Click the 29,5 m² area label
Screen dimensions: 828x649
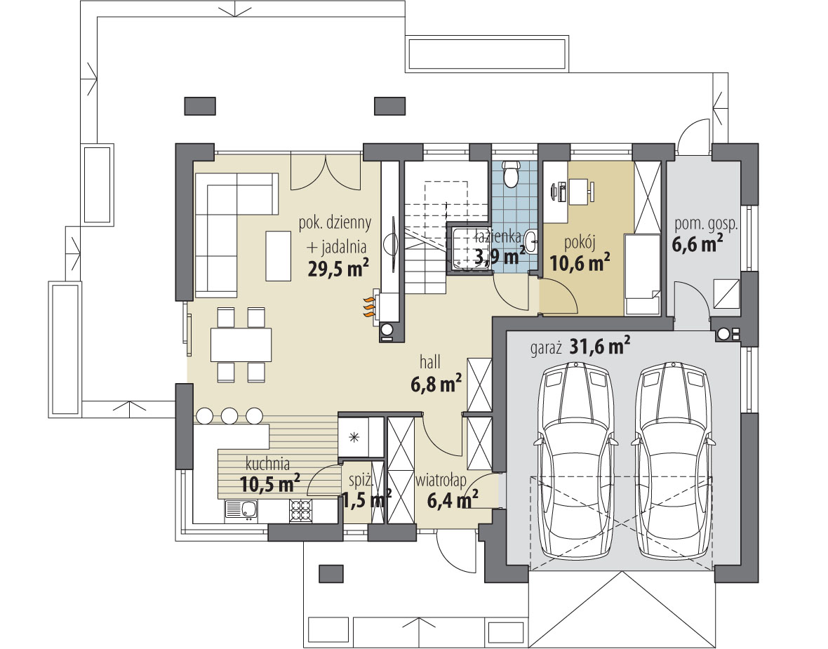(338, 268)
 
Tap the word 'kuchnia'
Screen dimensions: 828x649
(268, 464)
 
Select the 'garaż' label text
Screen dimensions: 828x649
(547, 349)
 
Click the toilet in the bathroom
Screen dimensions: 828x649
(511, 175)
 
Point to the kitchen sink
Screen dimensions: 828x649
(241, 509)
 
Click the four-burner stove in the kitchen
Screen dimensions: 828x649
(300, 510)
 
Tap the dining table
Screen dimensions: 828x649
(241, 344)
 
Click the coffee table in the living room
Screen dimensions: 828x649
(279, 256)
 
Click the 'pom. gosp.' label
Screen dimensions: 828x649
(706, 225)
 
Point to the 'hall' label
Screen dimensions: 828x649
(430, 362)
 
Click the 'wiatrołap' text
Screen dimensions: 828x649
(441, 481)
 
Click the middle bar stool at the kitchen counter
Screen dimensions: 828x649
(229, 415)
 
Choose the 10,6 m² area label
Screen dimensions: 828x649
(580, 262)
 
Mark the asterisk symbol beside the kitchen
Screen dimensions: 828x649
(354, 436)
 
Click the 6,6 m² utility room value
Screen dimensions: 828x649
(697, 244)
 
